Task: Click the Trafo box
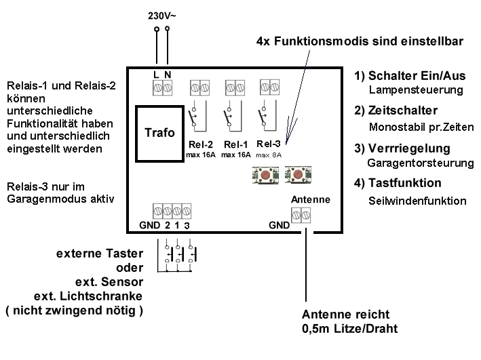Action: coord(160,134)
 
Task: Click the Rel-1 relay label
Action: coord(236,144)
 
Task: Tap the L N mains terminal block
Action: coord(161,87)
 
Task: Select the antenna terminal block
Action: coord(300,216)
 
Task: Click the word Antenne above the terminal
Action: coord(310,200)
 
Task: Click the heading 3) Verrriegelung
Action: coord(402,148)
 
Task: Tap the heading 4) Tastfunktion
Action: coord(398,183)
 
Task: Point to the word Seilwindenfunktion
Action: coord(417,201)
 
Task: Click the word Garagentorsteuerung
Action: coord(420,163)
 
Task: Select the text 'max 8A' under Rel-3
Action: coord(270,156)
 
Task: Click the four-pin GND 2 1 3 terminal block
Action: coord(170,209)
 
